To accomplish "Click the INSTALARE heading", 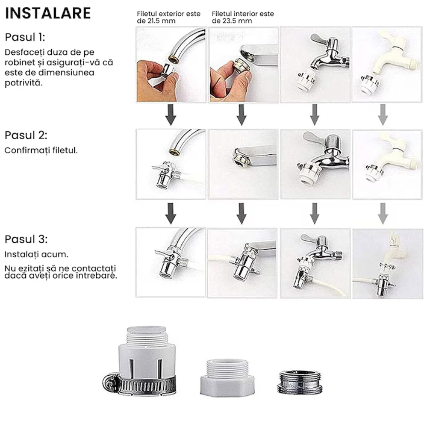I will (x=48, y=14).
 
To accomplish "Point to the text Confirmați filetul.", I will (x=41, y=150).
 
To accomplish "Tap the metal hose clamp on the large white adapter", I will (x=144, y=384).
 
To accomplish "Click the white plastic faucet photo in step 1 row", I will (x=386, y=64).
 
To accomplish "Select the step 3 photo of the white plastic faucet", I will (x=386, y=263).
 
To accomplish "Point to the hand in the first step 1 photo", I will (x=155, y=83).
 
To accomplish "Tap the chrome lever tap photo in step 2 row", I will (x=315, y=164).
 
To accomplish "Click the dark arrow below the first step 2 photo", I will (x=170, y=213).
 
